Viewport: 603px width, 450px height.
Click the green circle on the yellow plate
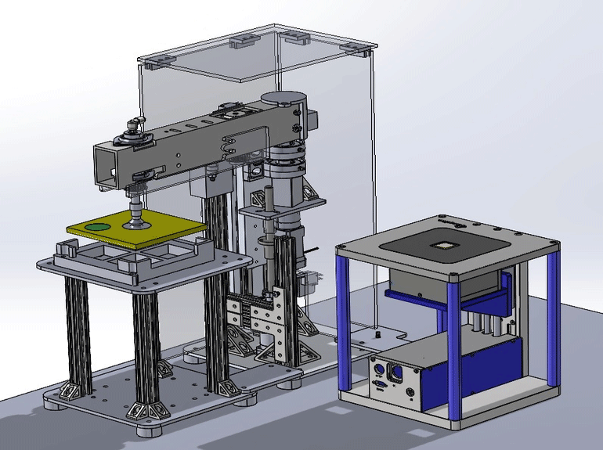(x=99, y=227)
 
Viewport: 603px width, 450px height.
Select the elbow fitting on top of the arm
(x=135, y=123)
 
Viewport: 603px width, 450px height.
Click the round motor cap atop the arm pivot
(x=280, y=99)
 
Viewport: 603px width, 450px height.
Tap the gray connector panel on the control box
(x=392, y=379)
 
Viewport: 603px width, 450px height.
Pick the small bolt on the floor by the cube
(x=379, y=333)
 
